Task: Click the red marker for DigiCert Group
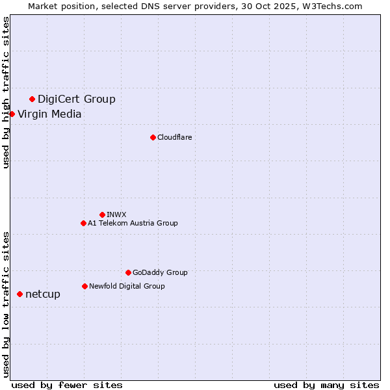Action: [x=32, y=99]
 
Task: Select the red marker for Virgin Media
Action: [x=12, y=114]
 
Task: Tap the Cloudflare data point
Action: [x=153, y=137]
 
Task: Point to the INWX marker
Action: [x=102, y=214]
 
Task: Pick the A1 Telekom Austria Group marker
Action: [x=83, y=223]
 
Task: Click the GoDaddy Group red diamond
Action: [x=128, y=272]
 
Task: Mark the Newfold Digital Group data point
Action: [x=84, y=286]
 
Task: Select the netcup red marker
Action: [x=19, y=294]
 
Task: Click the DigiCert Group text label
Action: [x=76, y=99]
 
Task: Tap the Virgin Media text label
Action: [x=49, y=114]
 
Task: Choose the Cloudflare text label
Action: [x=174, y=137]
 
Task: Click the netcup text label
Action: [x=43, y=294]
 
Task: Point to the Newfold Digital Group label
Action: [x=127, y=286]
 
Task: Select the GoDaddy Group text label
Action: [x=160, y=272]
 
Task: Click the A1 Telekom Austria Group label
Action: [x=133, y=223]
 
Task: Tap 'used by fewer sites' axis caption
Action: [x=67, y=385]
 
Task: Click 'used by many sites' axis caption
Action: [x=326, y=385]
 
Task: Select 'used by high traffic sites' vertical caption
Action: [x=6, y=92]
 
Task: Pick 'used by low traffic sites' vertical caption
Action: [x=6, y=304]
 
